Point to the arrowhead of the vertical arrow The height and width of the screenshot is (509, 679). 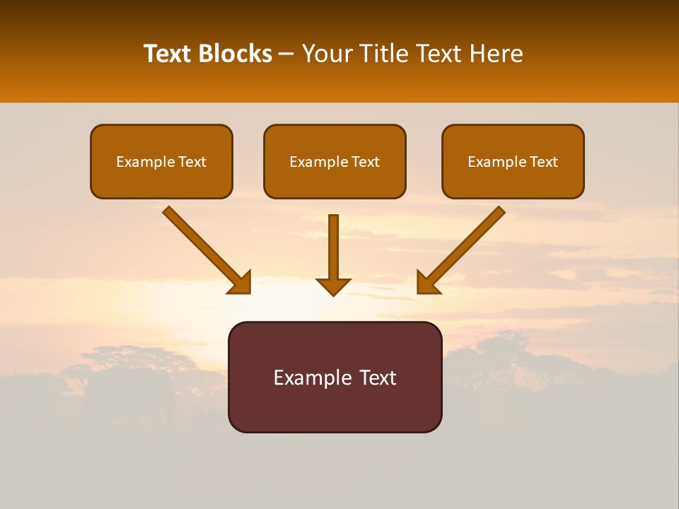(x=333, y=286)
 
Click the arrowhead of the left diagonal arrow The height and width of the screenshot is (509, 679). (x=240, y=282)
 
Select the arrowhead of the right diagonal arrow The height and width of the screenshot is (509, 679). (x=428, y=282)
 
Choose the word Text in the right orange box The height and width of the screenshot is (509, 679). (x=543, y=162)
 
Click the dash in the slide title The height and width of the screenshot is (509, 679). (x=286, y=54)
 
